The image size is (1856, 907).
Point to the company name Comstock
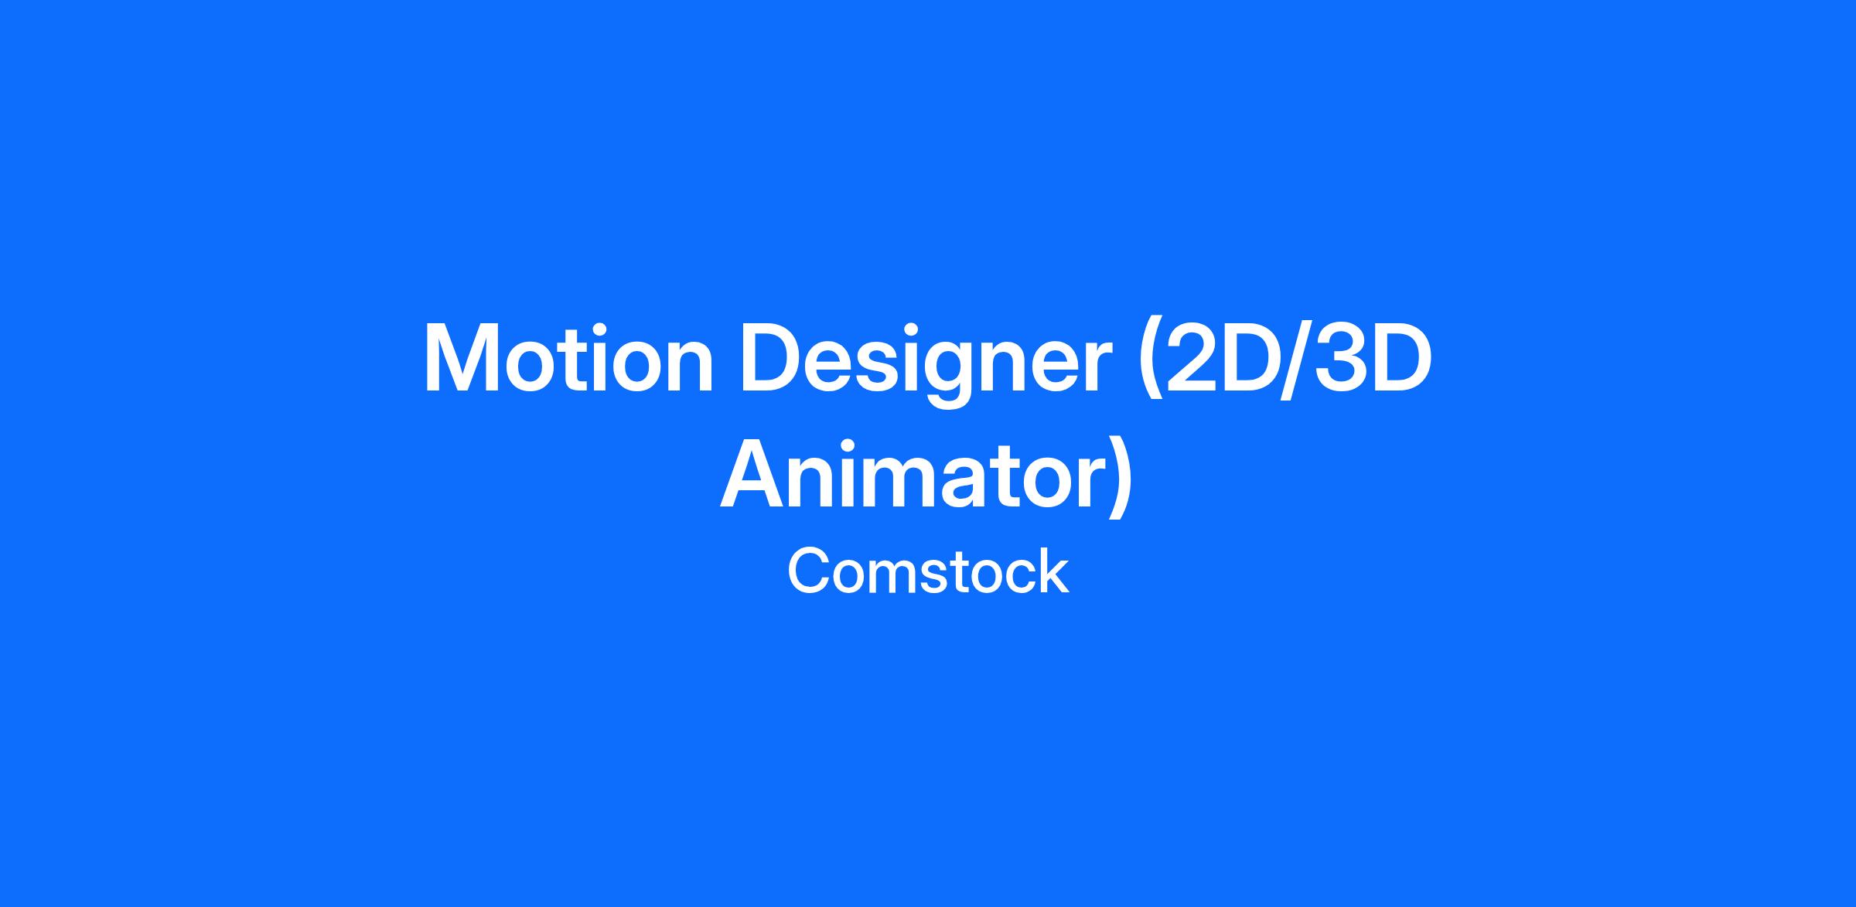928,572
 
